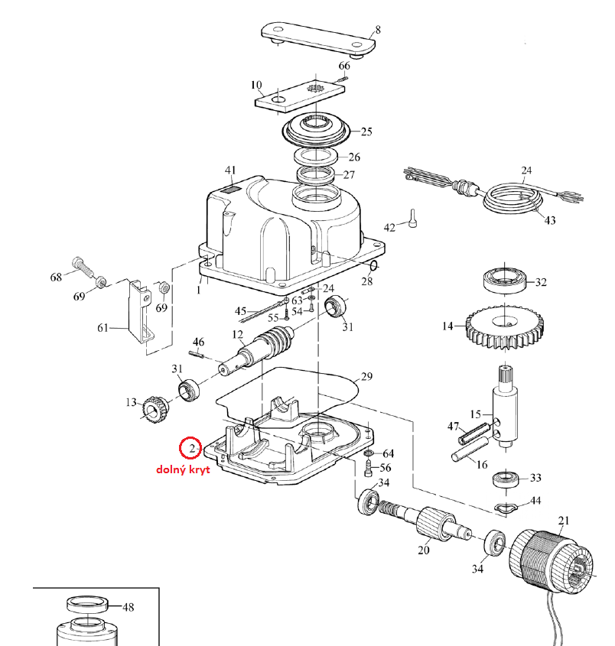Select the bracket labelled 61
point(139,313)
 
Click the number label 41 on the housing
point(230,170)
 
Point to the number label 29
point(366,377)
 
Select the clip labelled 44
point(506,507)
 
